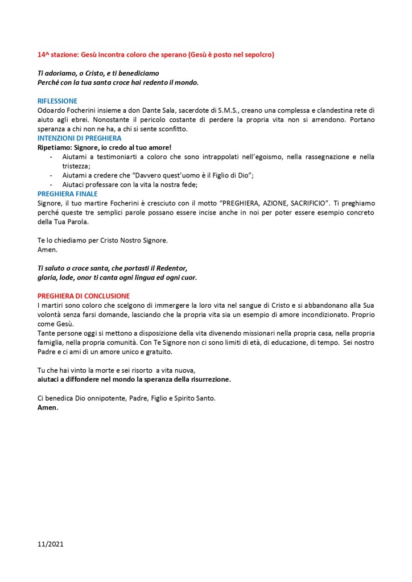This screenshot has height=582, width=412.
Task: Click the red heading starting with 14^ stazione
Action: (155, 55)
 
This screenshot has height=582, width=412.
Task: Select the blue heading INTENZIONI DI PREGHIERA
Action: (79, 138)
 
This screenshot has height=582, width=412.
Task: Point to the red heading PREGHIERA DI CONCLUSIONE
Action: (83, 296)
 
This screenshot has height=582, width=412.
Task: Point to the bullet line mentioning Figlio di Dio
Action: (158, 175)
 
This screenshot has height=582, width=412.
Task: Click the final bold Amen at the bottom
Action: (48, 408)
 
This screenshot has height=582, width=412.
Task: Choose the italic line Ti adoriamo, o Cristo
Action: (98, 73)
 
